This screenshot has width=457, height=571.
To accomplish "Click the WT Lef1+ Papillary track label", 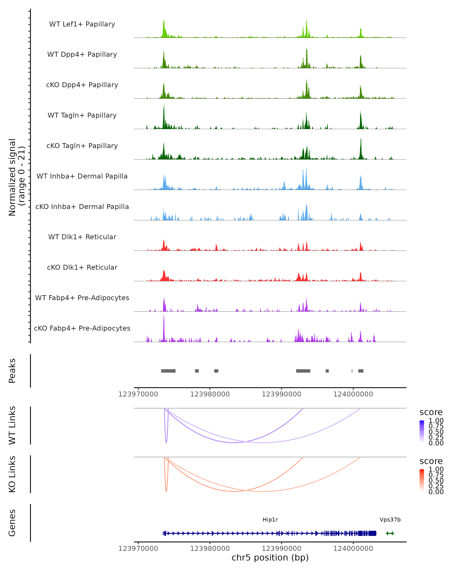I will [82, 24].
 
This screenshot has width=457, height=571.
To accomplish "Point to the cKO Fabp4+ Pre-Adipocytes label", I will [82, 328].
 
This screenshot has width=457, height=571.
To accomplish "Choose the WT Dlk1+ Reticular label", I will [82, 237].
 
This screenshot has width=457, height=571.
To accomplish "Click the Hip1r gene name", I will [270, 520].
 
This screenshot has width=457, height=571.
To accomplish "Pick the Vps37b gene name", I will [390, 520].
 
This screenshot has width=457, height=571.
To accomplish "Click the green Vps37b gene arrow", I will [390, 533].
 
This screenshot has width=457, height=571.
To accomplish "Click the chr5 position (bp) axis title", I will [270, 558].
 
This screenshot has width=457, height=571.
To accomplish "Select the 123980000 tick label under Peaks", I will [210, 394].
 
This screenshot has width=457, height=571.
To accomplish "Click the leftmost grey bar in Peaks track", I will [168, 371].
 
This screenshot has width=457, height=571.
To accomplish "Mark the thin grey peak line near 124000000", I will [352, 371].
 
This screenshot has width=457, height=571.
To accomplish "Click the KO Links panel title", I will [12, 474].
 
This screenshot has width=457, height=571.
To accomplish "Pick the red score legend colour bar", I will [422, 480].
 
